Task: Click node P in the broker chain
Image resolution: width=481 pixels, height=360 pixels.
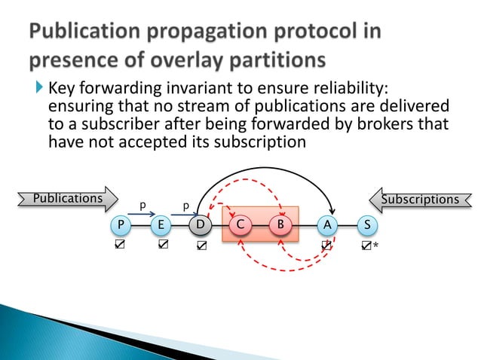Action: pos(120,224)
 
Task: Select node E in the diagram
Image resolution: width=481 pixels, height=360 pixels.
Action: pos(161,224)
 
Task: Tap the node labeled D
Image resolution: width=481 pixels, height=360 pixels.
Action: pos(200,224)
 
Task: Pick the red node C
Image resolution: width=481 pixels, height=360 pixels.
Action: pos(240,224)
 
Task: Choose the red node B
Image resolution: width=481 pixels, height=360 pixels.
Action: pos(280,224)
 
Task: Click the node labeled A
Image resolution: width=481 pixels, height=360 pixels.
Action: pos(326,224)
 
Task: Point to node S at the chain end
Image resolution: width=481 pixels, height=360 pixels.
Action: pos(366,224)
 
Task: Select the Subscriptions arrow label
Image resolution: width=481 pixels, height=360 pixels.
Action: pos(421,200)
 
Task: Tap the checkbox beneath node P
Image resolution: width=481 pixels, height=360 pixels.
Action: pos(120,245)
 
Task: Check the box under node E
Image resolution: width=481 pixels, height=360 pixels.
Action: pos(162,245)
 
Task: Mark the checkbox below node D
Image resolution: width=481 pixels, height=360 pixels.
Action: pos(201,246)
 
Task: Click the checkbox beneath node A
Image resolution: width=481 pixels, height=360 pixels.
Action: pos(326,245)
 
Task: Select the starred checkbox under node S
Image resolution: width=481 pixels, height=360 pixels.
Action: pos(366,246)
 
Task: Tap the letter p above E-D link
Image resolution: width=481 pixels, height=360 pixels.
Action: pos(185,204)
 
